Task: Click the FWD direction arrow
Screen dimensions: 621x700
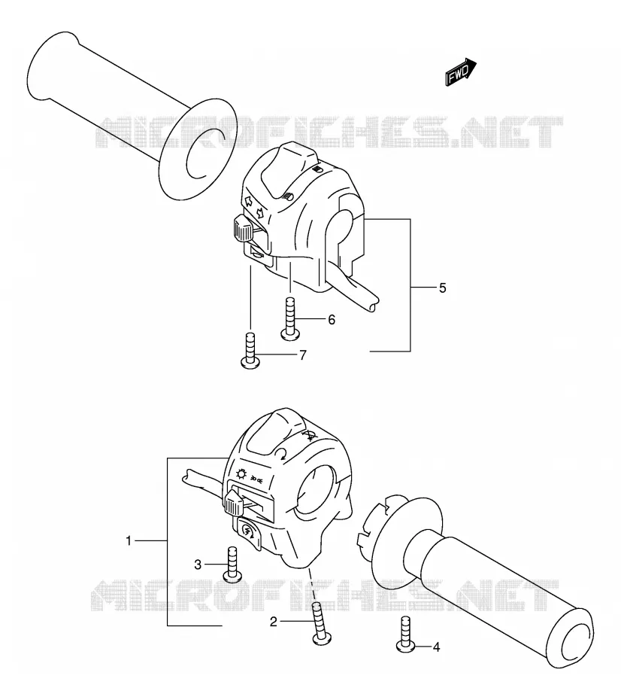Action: (461, 72)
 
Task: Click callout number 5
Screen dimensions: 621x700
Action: (442, 288)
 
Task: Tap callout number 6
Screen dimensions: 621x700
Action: (332, 320)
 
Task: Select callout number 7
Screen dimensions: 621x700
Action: (303, 355)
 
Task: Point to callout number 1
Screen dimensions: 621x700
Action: (129, 541)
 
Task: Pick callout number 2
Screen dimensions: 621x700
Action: (273, 622)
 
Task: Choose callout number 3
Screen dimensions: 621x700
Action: (198, 565)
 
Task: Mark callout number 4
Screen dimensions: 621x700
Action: (436, 647)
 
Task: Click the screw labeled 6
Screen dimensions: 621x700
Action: (290, 320)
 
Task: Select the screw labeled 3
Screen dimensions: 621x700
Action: (232, 565)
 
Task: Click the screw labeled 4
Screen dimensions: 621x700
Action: (405, 634)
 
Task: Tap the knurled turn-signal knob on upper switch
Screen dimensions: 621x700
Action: (242, 228)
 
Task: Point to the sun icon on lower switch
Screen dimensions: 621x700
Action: (241, 473)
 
